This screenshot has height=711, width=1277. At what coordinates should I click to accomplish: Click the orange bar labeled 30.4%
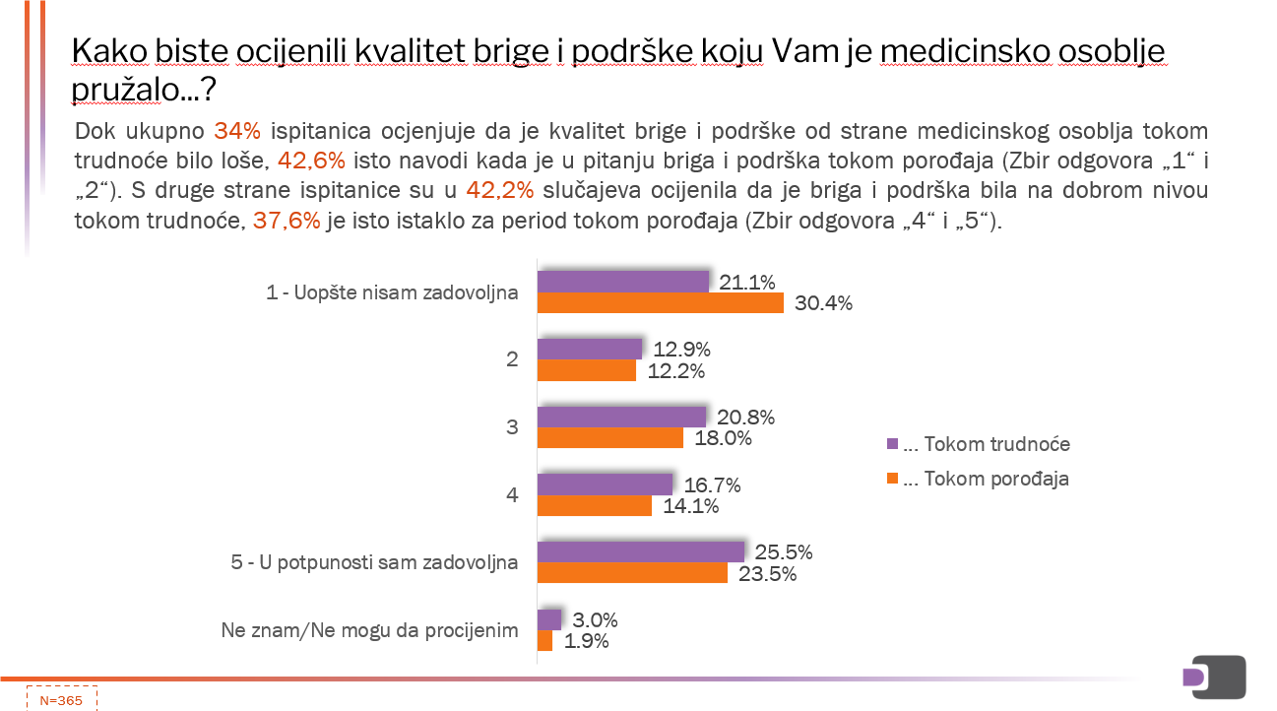pyautogui.click(x=660, y=302)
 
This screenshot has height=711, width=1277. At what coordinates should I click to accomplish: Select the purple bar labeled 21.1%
pyautogui.click(x=622, y=282)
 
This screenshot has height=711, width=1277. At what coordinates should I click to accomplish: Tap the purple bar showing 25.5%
pyautogui.click(x=640, y=551)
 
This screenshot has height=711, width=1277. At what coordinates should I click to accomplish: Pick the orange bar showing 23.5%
pyautogui.click(x=632, y=572)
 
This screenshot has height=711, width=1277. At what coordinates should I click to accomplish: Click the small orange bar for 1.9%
pyautogui.click(x=544, y=640)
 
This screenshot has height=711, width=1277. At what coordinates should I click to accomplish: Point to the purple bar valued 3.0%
pyautogui.click(x=548, y=619)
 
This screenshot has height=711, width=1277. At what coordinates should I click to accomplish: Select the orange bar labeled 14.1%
pyautogui.click(x=594, y=505)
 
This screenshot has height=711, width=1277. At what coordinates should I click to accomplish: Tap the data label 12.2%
pyautogui.click(x=677, y=370)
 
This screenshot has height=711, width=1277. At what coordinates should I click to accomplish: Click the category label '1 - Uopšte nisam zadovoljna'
pyautogui.click(x=392, y=292)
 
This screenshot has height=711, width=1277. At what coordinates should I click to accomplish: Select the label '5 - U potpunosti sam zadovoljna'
pyautogui.click(x=374, y=562)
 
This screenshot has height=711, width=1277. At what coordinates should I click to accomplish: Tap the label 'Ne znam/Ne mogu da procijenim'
pyautogui.click(x=369, y=630)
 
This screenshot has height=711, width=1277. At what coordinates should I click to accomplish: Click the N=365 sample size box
pyautogui.click(x=61, y=700)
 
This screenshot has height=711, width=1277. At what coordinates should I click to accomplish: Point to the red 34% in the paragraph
pyautogui.click(x=236, y=131)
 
